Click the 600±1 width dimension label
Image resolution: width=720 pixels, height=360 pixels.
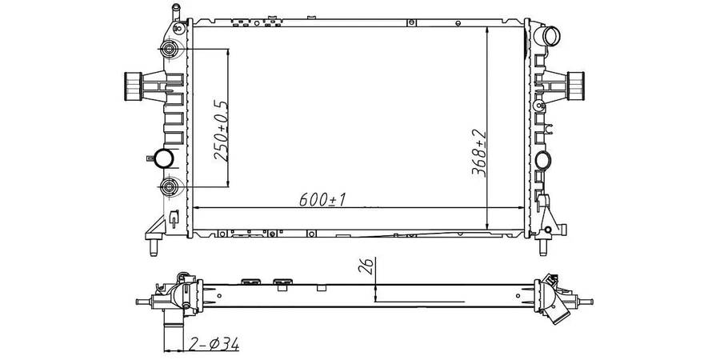(322, 199)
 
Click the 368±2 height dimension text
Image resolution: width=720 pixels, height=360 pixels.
(478, 153)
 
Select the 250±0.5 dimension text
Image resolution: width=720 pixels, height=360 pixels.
(221, 130)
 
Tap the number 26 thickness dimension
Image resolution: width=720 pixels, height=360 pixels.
(366, 265)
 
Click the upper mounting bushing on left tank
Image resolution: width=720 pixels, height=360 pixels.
(169, 48)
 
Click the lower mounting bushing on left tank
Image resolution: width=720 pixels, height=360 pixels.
(169, 186)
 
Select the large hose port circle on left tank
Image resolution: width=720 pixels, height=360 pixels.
(163, 158)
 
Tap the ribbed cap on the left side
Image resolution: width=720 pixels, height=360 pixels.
(133, 86)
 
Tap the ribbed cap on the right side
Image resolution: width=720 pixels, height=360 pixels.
(575, 86)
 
